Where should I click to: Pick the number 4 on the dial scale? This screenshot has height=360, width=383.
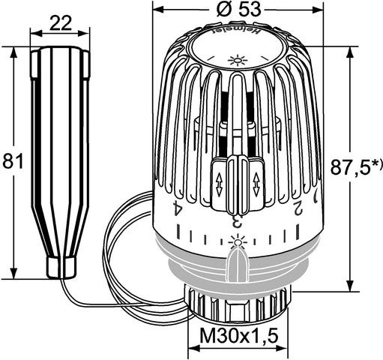(178, 208)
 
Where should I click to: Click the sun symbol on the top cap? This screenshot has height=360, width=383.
(238, 60)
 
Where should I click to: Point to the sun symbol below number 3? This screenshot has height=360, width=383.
(238, 239)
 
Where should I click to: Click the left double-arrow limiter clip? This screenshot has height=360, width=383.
(219, 181)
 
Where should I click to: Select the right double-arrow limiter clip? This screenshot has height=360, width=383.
(256, 181)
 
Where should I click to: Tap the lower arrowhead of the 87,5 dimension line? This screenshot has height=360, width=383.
(350, 286)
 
